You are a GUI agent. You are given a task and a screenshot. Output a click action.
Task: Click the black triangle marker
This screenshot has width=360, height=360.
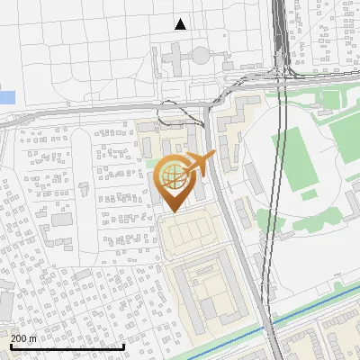coord(181,24)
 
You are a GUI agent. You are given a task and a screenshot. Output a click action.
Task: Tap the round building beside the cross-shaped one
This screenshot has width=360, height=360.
coord(200,56)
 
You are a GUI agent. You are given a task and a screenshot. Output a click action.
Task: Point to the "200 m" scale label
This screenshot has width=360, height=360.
coord(23,337)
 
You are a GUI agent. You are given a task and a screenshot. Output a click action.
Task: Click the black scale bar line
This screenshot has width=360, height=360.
coord(67,346)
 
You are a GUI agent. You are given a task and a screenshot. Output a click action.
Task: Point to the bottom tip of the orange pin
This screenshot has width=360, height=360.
coord(172,211)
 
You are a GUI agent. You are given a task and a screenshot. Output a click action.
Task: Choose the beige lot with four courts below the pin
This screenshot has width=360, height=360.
coord(189,234)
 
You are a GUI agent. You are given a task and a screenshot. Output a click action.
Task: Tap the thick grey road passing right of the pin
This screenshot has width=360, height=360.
coord(236,225)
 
